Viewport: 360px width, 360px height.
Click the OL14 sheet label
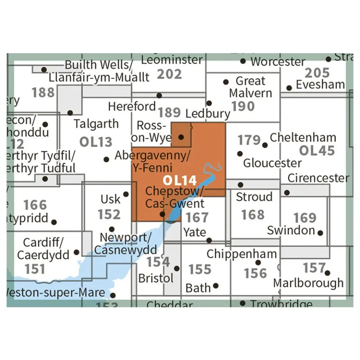(180, 180)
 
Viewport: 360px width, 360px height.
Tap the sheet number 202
(170, 73)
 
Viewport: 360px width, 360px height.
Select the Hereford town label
(132, 106)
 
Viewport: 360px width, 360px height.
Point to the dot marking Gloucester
(239, 153)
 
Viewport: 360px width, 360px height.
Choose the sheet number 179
(249, 140)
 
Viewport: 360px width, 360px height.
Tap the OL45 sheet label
(317, 151)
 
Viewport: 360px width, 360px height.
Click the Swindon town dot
(320, 233)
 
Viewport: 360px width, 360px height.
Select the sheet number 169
(305, 217)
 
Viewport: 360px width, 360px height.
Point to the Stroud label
(254, 197)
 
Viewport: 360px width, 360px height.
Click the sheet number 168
(252, 214)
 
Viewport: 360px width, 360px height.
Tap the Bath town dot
(216, 285)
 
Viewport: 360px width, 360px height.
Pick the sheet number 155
(199, 269)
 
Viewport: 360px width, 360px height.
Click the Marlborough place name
(309, 283)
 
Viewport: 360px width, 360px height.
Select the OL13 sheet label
(95, 142)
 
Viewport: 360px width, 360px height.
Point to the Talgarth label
(96, 124)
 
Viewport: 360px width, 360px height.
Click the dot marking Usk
(126, 194)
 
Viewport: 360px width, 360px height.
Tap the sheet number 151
(35, 269)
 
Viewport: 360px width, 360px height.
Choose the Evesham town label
(320, 85)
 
